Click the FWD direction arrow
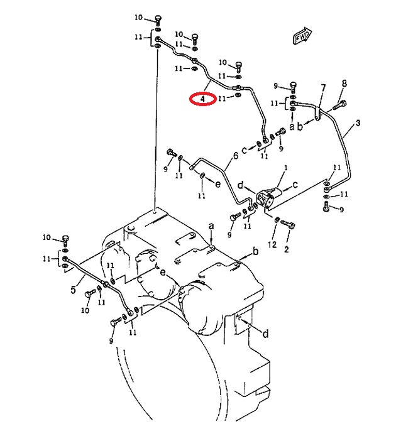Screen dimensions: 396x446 tap(302, 36)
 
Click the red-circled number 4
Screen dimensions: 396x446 tap(202, 99)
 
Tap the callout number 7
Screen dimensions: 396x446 tap(323, 88)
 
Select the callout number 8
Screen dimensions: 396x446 tap(344, 84)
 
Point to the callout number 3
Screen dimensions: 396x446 tap(358, 123)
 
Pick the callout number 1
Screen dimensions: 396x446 tap(286, 168)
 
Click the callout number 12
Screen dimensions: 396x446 tap(272, 244)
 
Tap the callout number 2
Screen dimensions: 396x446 tap(287, 249)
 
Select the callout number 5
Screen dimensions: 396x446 tap(74, 290)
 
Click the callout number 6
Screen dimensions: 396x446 tap(236, 156)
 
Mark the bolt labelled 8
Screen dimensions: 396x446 tap(339, 105)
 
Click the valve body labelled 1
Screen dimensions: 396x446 tap(268, 196)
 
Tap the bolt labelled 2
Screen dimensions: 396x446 tap(288, 224)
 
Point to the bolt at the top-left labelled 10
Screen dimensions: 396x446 tap(158, 21)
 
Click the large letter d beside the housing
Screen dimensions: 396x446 tap(265, 333)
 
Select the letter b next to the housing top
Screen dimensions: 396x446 tap(256, 251)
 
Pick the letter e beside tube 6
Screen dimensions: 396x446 tap(217, 184)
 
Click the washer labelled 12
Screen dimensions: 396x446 tap(277, 219)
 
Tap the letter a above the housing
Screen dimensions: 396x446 tap(211, 226)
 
